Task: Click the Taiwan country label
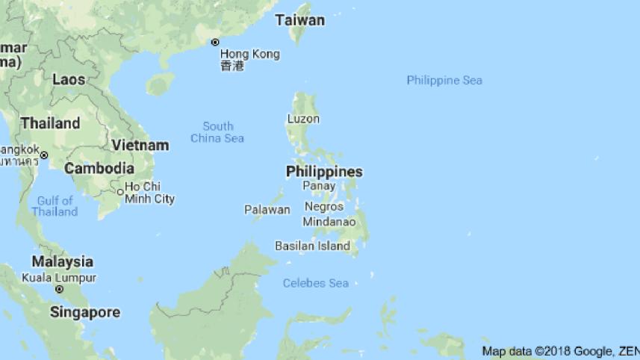click(299, 20)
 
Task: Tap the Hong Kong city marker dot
click(215, 43)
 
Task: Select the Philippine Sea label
click(444, 81)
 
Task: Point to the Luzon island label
click(303, 119)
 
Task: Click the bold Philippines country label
click(324, 172)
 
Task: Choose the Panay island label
click(319, 186)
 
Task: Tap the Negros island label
click(324, 207)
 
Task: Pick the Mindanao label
click(329, 222)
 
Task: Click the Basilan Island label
click(312, 246)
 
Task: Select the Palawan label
click(267, 210)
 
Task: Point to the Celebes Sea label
click(316, 283)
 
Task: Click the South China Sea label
click(217, 132)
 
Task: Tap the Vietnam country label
click(140, 145)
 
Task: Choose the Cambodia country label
click(99, 169)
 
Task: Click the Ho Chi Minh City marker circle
click(119, 192)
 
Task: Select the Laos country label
click(68, 78)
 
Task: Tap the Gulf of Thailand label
click(55, 206)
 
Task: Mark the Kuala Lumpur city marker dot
click(59, 289)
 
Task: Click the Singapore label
click(85, 312)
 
